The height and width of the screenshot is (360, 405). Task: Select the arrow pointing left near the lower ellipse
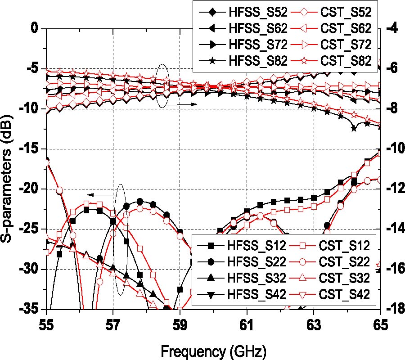pyautogui.click(x=97, y=194)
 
